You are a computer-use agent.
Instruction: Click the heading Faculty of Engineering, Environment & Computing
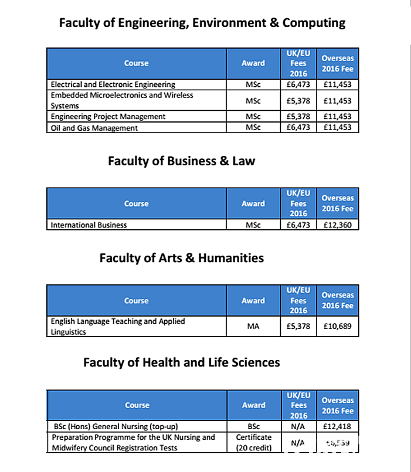(202, 23)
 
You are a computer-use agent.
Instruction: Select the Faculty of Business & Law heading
(181, 161)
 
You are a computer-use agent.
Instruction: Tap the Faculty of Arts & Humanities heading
(181, 258)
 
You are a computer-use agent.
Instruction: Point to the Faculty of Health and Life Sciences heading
(181, 362)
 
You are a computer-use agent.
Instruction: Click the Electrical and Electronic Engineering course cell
(113, 84)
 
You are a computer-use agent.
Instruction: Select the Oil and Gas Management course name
(94, 128)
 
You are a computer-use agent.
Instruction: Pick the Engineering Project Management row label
(108, 117)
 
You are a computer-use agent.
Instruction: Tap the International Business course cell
(89, 225)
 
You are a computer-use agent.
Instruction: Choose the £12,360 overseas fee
(337, 225)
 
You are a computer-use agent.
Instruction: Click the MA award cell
(253, 327)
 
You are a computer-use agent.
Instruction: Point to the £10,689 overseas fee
(337, 327)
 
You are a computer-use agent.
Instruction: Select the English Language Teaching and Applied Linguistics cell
(118, 327)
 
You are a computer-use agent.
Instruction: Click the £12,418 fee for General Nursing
(337, 426)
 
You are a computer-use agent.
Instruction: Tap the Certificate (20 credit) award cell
(254, 443)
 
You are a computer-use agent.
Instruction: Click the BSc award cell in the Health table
(254, 426)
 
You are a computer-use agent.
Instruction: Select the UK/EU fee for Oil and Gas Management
(298, 128)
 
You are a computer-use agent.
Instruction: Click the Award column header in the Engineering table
(253, 63)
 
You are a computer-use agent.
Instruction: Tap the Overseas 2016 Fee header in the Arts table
(338, 300)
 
